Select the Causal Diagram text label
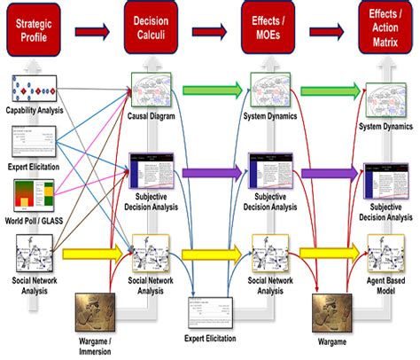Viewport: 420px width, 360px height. pyautogui.click(x=151, y=115)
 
